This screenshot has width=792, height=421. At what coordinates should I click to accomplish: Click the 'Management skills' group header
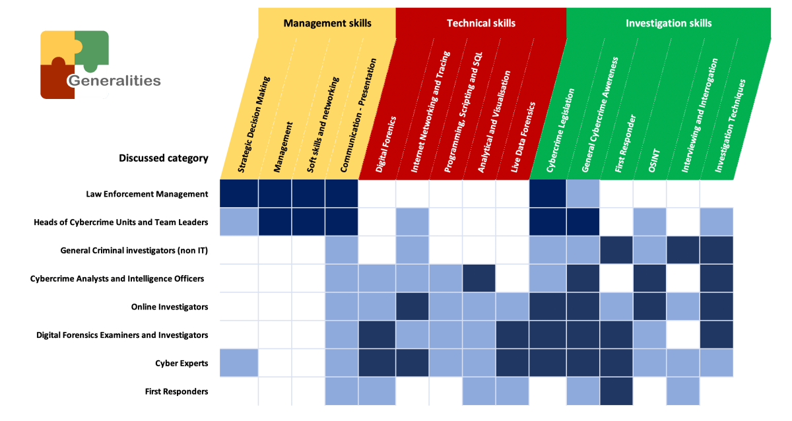327,23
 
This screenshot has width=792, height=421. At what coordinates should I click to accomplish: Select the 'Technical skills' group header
481,23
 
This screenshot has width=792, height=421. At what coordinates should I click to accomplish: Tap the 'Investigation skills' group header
669,23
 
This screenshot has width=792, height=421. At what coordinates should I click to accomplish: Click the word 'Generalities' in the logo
115,81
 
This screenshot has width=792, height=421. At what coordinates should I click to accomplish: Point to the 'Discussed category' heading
164,158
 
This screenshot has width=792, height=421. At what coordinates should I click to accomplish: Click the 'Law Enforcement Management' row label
147,194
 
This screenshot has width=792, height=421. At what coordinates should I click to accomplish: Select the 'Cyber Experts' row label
181,364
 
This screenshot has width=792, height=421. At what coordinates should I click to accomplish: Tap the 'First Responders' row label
176,392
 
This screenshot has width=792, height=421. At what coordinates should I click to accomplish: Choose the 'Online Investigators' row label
170,307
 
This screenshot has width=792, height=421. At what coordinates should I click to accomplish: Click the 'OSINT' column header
654,160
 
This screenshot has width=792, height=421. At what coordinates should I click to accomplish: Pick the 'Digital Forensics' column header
385,145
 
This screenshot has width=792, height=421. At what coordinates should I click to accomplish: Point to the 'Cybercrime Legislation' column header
560,130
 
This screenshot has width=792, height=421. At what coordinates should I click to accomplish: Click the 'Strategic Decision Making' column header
254,125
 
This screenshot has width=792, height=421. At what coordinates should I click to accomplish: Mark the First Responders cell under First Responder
616,391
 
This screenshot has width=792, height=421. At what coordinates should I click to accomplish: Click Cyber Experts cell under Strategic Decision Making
239,363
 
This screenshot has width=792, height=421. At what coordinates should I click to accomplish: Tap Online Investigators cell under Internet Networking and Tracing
412,306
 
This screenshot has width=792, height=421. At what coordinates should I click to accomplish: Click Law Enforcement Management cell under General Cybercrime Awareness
583,193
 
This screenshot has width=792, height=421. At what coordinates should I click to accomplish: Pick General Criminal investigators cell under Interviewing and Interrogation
683,250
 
